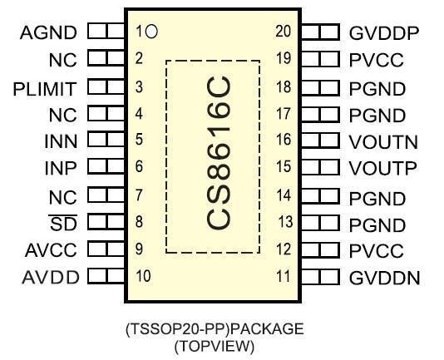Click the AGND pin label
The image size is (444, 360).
[48, 32]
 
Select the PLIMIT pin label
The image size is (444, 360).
[45, 89]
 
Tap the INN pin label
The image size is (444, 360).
[61, 141]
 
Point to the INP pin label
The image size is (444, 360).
[61, 168]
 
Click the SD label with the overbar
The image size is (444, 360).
[63, 223]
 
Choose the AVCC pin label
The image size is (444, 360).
[51, 250]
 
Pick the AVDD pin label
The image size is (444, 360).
[51, 278]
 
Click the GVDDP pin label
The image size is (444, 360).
[384, 33]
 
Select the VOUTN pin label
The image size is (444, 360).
[383, 142]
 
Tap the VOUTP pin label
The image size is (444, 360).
[382, 168]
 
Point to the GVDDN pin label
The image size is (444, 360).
[384, 278]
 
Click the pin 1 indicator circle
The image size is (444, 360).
[151, 31]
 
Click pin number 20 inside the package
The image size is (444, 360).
[284, 31]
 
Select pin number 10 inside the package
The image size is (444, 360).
[143, 276]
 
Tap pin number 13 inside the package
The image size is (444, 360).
[285, 221]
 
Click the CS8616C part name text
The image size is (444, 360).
[218, 153]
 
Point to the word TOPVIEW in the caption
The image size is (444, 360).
[215, 346]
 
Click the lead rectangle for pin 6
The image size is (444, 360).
[106, 166]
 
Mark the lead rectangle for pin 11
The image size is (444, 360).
[321, 277]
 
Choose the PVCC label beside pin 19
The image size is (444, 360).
[377, 60]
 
